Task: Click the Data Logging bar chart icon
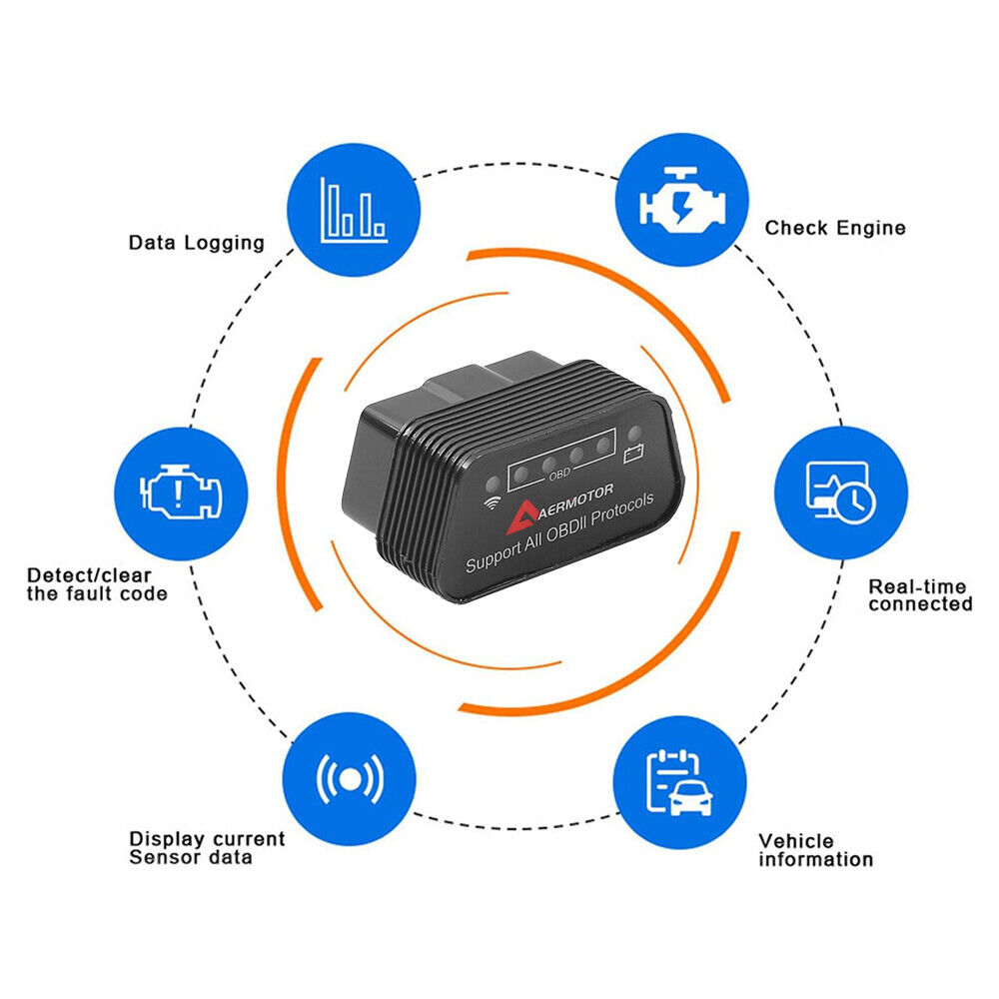pos(353,210)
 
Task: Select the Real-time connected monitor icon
pos(840,493)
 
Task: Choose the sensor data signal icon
pos(350,778)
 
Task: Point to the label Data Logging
pos(196,242)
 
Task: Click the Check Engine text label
pos(835,228)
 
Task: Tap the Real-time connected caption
pos(919,595)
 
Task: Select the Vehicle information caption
pos(815,850)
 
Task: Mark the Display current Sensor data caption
pos(207,848)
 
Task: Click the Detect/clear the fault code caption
pos(97,584)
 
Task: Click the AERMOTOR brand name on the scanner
pos(579,505)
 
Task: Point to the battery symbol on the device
pos(633,457)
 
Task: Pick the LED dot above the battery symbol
pos(633,434)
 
